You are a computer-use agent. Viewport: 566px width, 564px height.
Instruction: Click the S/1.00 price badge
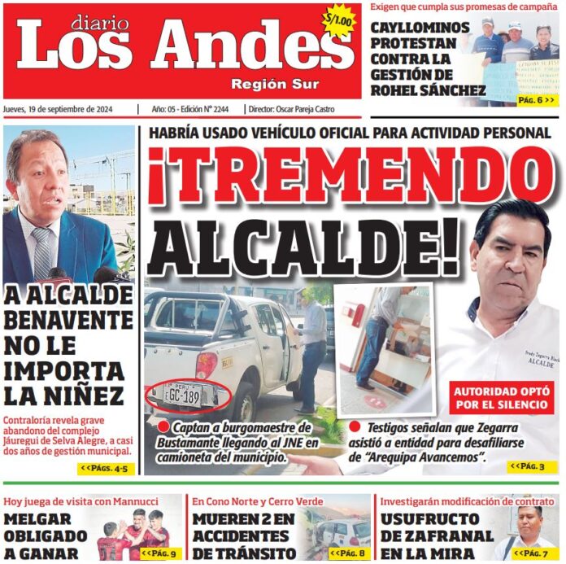[338, 21]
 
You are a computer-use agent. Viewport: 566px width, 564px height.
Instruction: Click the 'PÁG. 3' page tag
[531, 466]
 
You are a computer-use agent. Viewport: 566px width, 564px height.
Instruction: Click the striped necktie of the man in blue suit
[42, 253]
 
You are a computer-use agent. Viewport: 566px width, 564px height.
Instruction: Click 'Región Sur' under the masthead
[275, 85]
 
